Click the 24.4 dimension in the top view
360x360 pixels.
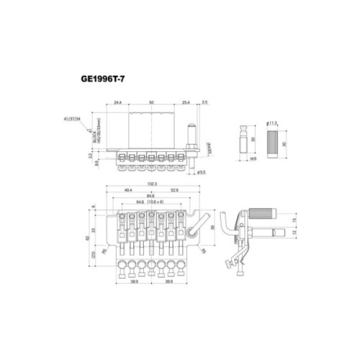tap(118, 103)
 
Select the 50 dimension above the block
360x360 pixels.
tap(151, 103)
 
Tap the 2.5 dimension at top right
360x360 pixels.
tap(205, 103)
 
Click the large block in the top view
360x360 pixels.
tap(151, 130)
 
